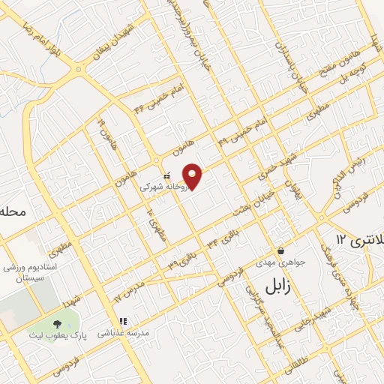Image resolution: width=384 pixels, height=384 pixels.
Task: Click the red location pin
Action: tap(193, 175)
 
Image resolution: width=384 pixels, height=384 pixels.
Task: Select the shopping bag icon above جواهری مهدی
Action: tap(280, 250)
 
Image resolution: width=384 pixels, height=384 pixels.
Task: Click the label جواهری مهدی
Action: tap(279, 262)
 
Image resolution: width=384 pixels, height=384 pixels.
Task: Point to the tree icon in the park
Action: tap(57, 324)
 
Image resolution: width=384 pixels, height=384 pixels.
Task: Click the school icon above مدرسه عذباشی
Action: tap(124, 321)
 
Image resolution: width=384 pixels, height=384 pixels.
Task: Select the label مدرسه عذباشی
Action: tap(124, 332)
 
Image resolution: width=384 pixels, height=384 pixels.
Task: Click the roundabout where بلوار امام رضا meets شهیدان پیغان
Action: tap(78, 70)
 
